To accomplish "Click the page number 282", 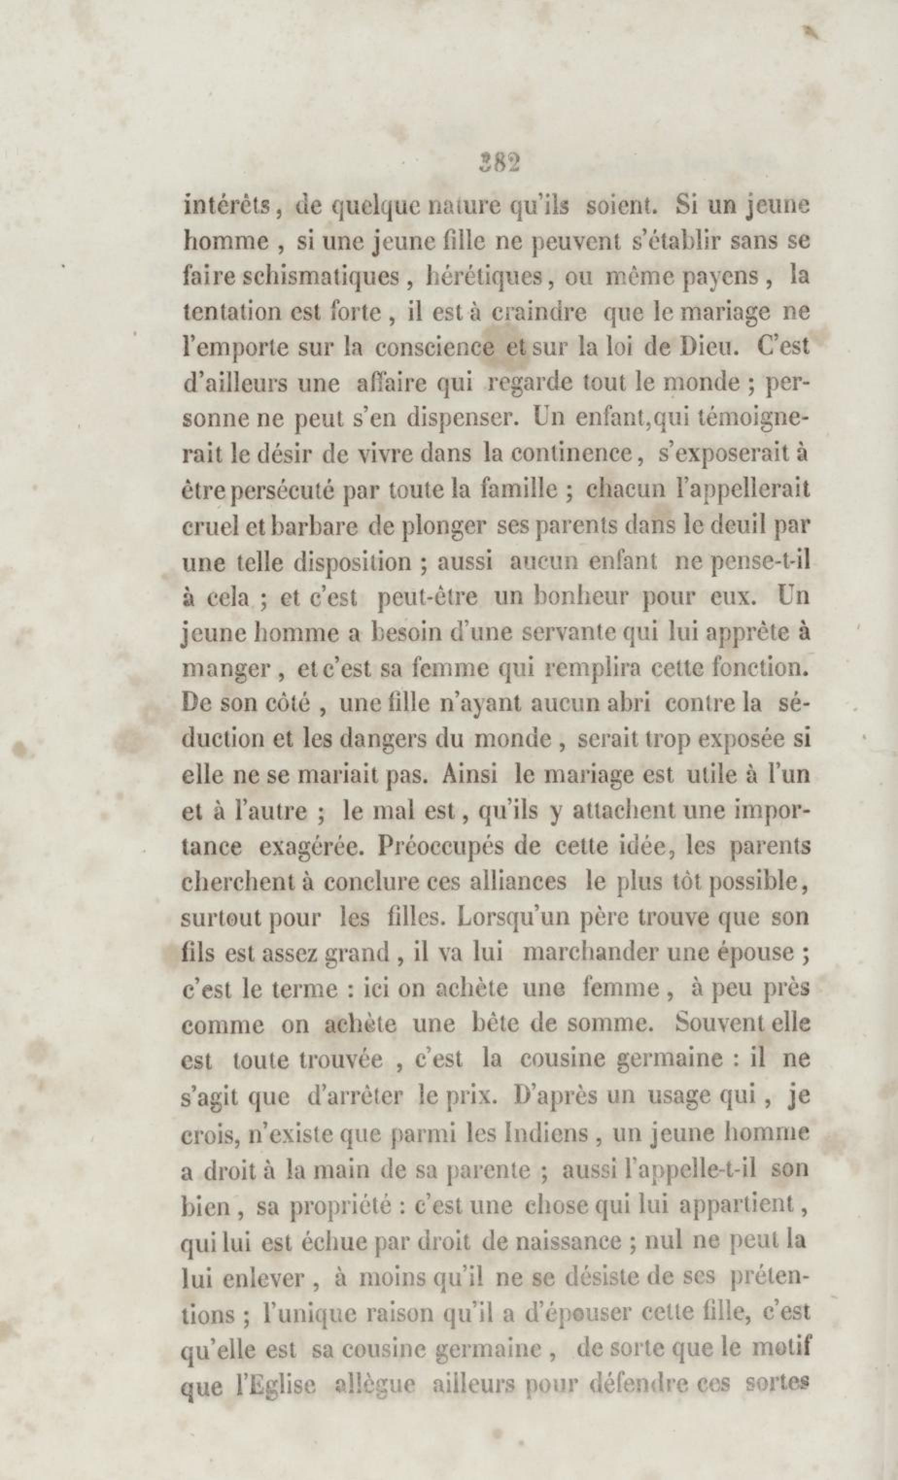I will pyautogui.click(x=498, y=162).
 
